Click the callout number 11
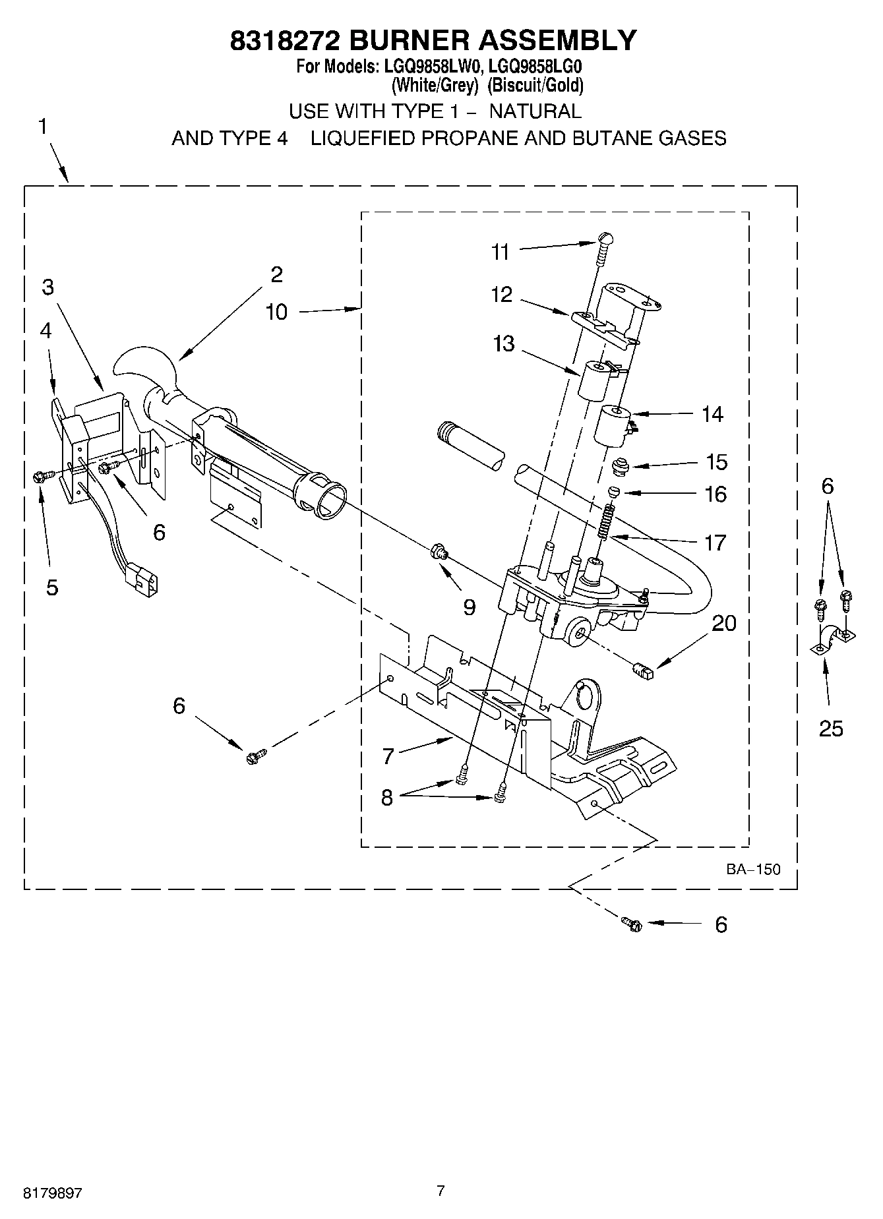coord(501,252)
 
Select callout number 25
coord(831,728)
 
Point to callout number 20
coord(724,623)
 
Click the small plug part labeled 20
coord(642,672)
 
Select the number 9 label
coord(469,607)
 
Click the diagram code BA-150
coord(753,869)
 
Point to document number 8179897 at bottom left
coord(53,1193)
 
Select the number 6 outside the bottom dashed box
coord(721,925)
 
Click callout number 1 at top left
coord(42,127)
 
